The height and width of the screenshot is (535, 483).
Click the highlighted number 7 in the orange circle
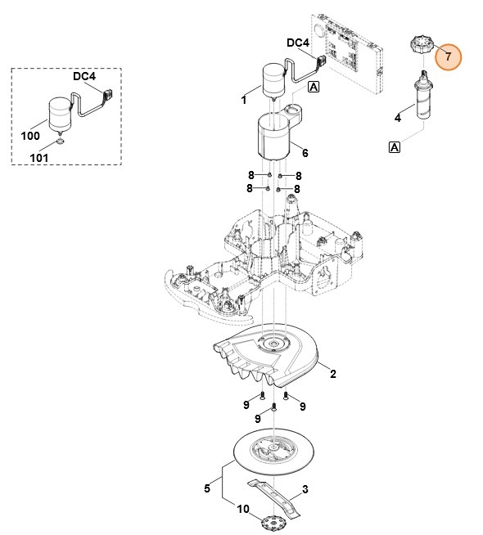point(447,57)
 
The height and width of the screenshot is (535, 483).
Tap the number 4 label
point(398,119)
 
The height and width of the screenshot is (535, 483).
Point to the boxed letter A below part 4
point(395,147)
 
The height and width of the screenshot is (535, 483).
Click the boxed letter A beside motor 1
point(314,87)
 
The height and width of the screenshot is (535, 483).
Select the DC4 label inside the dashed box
point(84,76)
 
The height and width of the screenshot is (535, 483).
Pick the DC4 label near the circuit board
point(298,43)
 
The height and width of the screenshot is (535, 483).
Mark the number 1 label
point(244,101)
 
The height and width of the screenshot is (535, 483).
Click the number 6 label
point(305,152)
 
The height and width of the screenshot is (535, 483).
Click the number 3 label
point(305,490)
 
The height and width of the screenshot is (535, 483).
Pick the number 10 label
point(242,509)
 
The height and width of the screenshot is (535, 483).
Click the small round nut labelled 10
point(275,522)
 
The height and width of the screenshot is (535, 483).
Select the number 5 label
point(207,488)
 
